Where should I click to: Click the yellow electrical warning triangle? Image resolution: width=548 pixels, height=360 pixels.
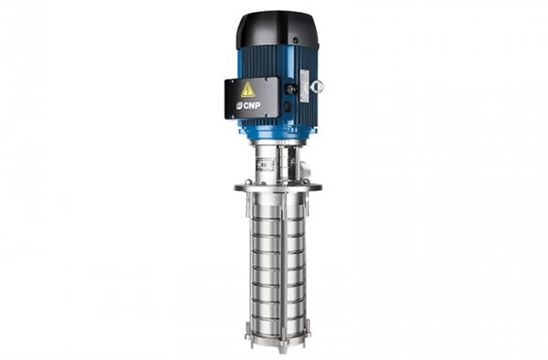pos(248,90)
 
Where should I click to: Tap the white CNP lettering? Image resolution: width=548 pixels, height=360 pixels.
pos(252,105)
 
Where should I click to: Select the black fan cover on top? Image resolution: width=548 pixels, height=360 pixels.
pos(278,30)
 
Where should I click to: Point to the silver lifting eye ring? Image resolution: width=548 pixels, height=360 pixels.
pos(317,86)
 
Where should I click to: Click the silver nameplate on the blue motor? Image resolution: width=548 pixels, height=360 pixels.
pos(305,86)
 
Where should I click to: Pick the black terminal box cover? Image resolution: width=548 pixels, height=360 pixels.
pos(252,98)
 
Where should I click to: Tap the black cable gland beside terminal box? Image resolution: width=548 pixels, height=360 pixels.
pos(290,90)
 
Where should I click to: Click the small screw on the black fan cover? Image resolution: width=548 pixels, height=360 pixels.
pos(295,40)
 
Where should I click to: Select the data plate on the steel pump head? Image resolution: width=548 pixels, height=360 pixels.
pos(265,164)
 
